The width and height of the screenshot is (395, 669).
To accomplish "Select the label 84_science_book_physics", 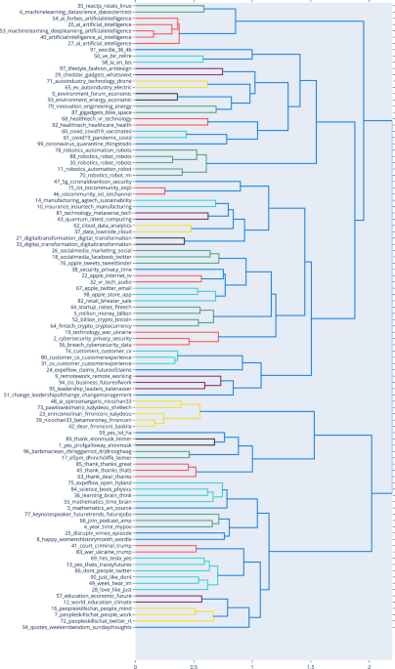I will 98,488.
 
